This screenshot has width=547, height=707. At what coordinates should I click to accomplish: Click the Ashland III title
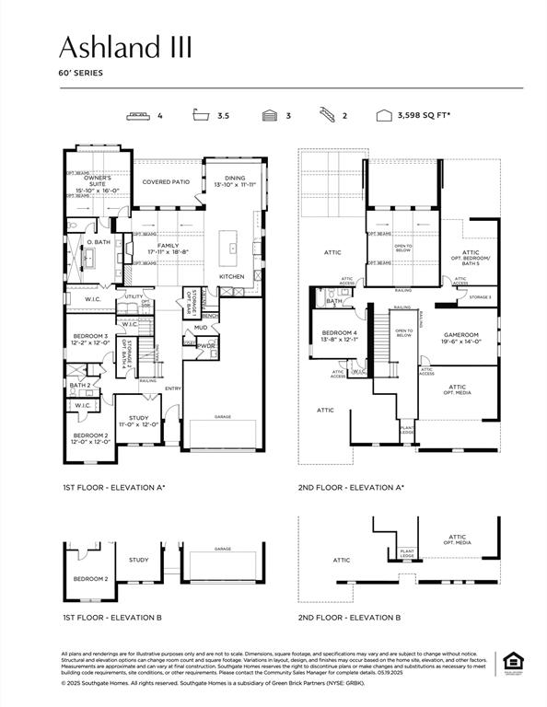tap(125, 47)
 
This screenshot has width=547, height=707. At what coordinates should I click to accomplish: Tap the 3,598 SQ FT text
tap(423, 117)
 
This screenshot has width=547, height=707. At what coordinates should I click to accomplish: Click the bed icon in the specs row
tap(139, 117)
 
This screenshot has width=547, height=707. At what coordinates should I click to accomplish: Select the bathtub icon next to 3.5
tap(201, 117)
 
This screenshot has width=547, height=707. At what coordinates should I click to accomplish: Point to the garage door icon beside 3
tap(270, 117)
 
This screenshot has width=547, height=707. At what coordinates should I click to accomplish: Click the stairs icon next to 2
tap(327, 117)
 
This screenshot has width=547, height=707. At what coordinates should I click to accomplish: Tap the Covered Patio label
tap(165, 182)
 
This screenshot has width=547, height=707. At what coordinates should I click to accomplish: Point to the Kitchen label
tap(230, 276)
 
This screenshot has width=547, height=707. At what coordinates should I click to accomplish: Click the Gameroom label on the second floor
tap(458, 337)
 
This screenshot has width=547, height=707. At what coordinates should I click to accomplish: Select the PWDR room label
tap(205, 346)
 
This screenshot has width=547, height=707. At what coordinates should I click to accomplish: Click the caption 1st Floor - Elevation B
tap(110, 617)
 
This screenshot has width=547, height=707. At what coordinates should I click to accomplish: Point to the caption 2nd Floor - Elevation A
tap(351, 488)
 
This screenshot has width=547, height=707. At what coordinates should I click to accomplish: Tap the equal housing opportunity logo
tap(511, 662)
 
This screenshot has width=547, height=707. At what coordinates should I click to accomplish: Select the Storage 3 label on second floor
tap(480, 297)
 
